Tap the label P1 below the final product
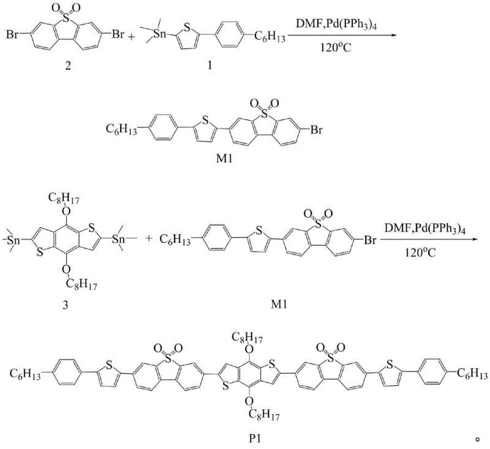coord(252,439)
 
